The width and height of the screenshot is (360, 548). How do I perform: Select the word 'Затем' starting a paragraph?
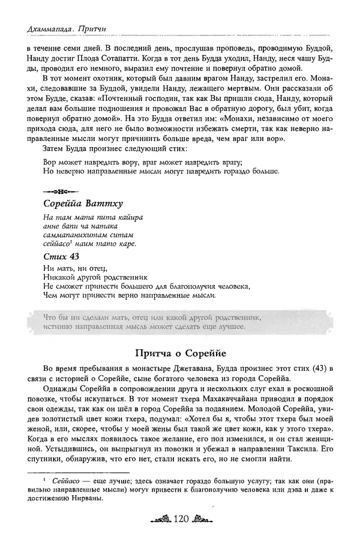click(56, 147)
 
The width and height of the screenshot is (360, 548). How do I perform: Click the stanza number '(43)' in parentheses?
click(322, 367)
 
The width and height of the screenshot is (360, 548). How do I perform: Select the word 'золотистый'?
click(65, 421)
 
